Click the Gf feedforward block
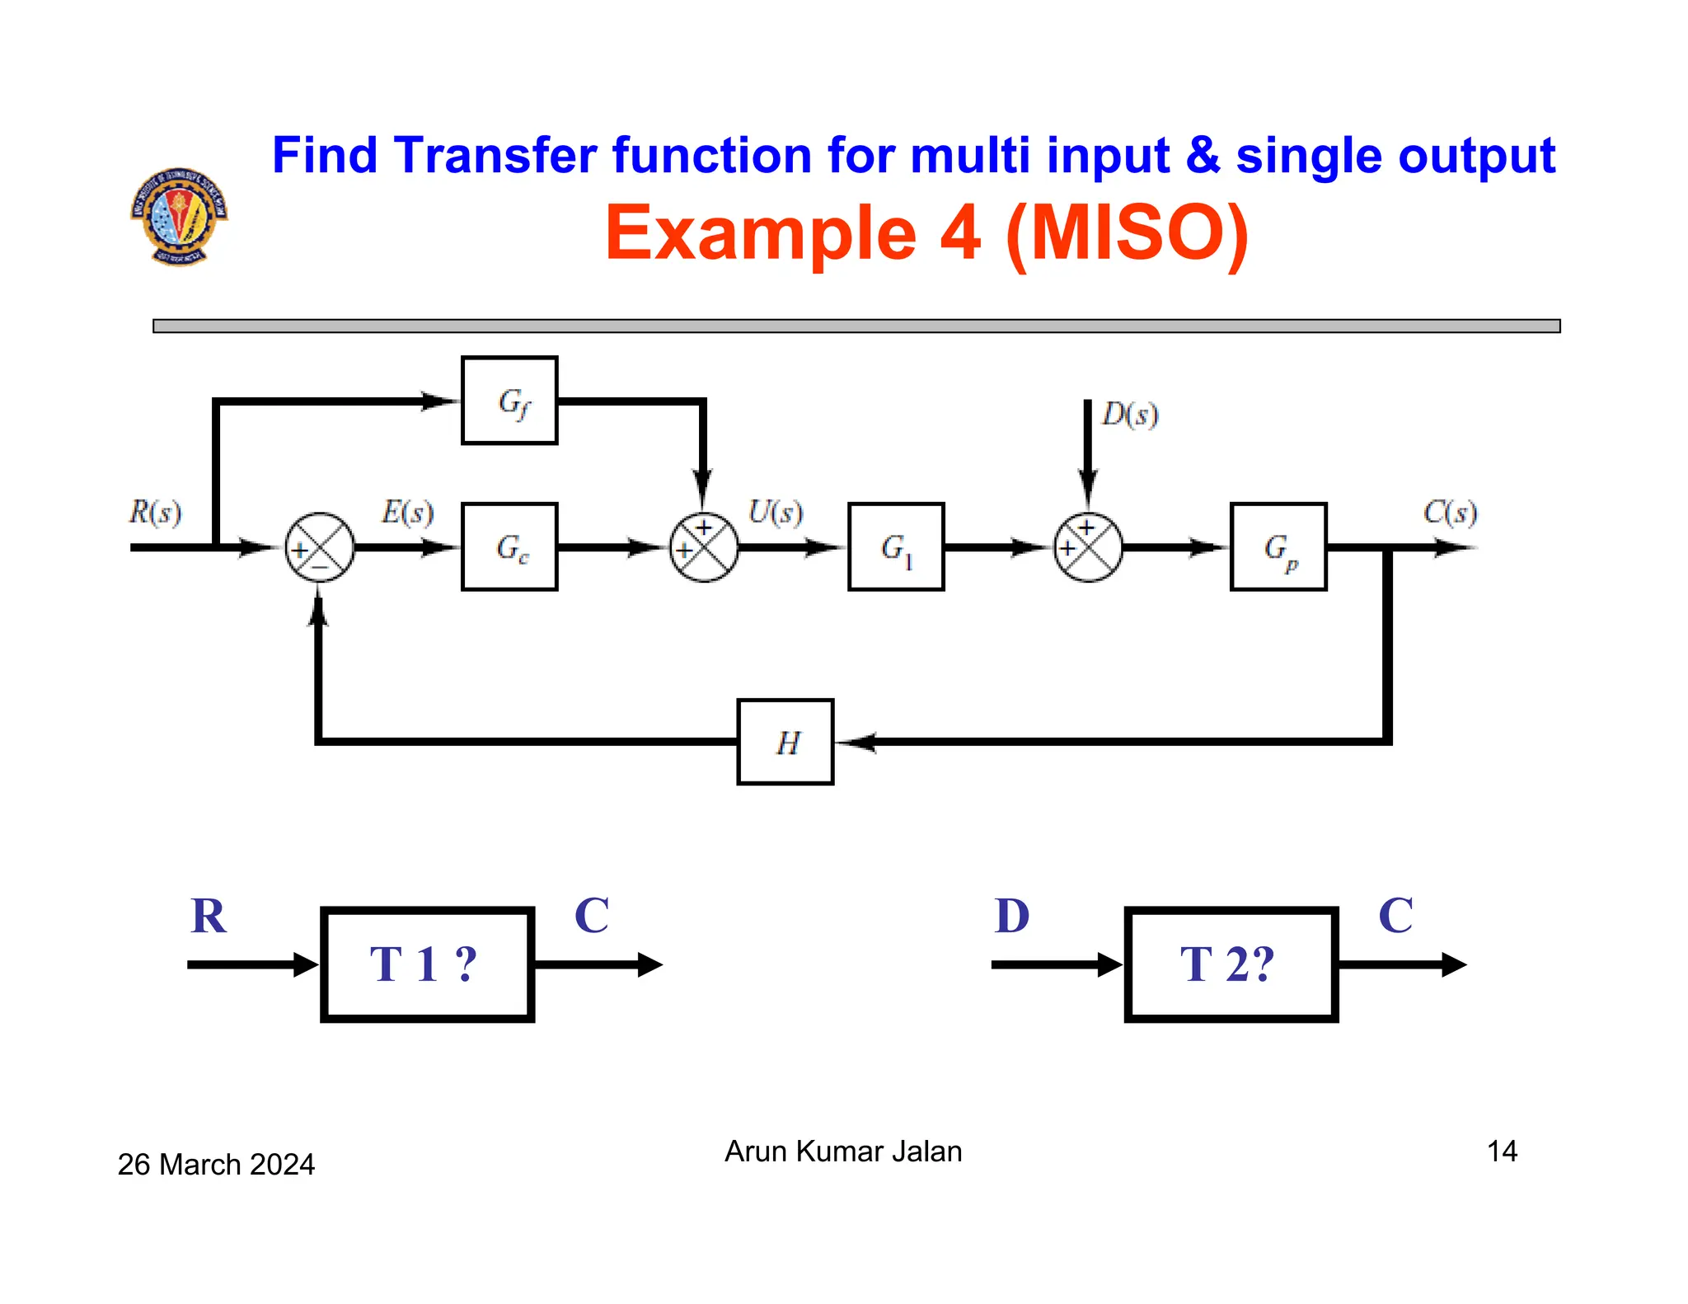click(509, 401)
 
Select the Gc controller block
click(509, 546)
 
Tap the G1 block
click(896, 546)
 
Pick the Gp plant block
click(1278, 546)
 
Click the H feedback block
click(785, 742)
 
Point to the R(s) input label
click(155, 512)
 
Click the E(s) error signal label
click(407, 512)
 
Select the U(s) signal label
click(775, 512)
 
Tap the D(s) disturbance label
click(1130, 415)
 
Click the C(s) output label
click(1450, 512)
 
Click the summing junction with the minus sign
click(320, 547)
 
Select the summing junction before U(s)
click(704, 547)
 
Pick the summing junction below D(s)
click(1088, 547)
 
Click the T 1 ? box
click(427, 964)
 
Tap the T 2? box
click(1231, 964)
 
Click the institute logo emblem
click(179, 217)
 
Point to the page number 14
click(1502, 1152)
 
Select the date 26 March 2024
click(216, 1165)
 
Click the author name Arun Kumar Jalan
click(843, 1152)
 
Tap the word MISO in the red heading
click(1127, 233)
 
